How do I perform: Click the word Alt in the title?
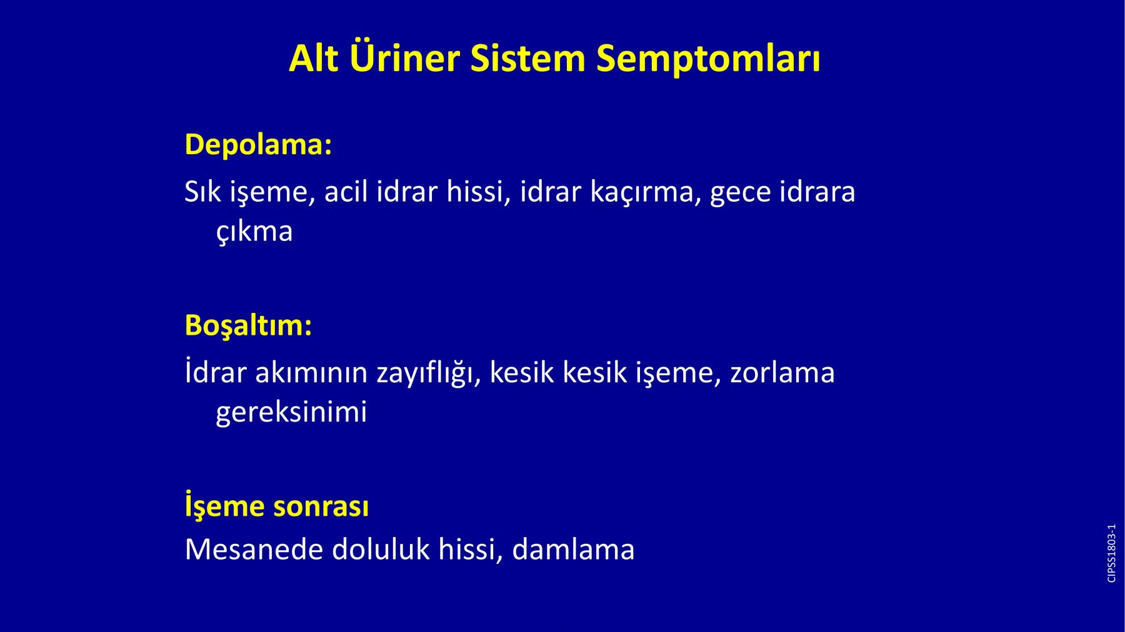(x=314, y=59)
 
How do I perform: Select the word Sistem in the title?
(x=527, y=59)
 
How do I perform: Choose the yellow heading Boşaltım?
(x=248, y=325)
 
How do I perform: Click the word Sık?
(x=202, y=191)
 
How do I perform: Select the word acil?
(x=345, y=191)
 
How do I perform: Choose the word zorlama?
(x=782, y=372)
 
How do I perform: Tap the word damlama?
(x=573, y=550)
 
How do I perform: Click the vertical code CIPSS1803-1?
(x=1111, y=553)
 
